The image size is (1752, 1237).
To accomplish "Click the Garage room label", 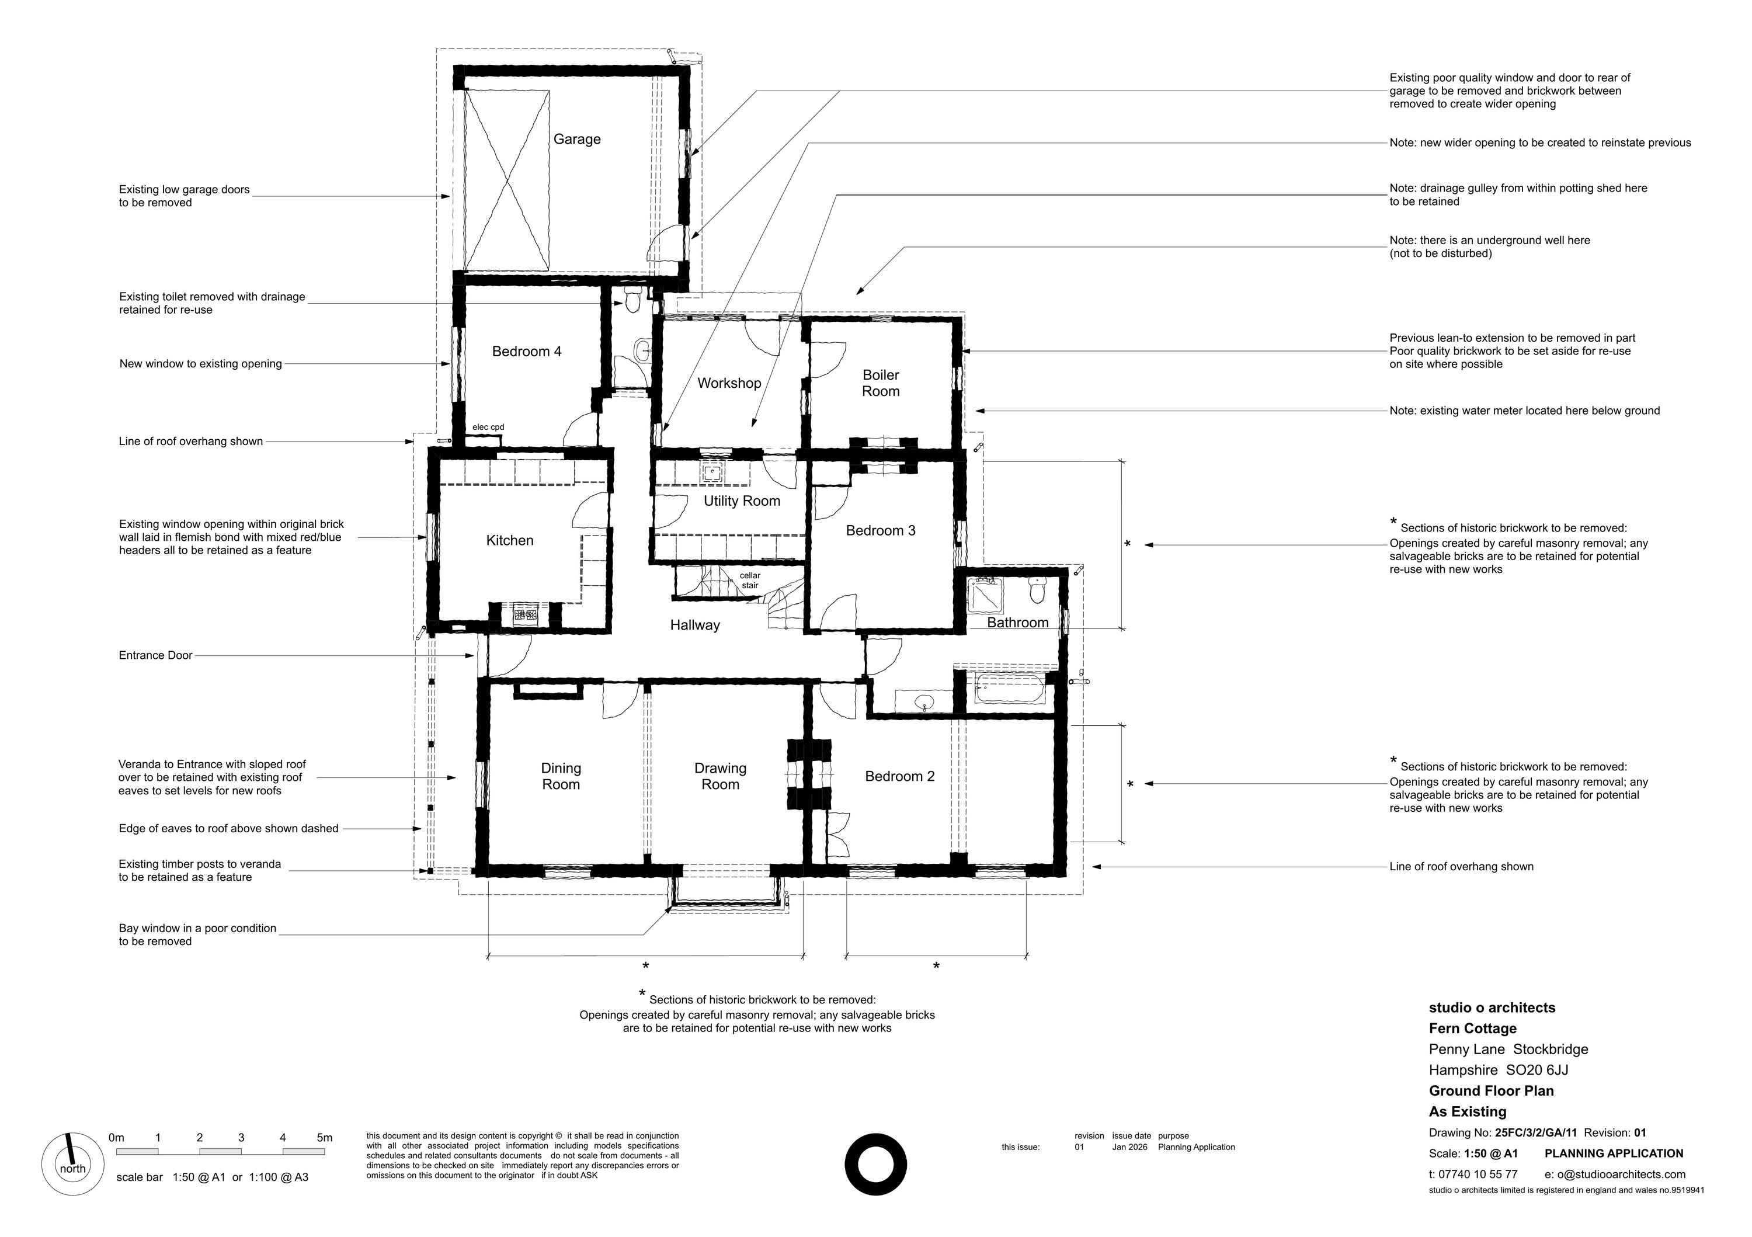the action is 577,140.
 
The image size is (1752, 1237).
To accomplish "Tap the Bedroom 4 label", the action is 527,352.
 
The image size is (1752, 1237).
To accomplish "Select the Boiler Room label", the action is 881,383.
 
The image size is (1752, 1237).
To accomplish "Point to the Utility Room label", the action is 742,501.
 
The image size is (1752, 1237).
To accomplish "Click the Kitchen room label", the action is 510,540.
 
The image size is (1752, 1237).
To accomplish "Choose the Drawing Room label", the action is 720,776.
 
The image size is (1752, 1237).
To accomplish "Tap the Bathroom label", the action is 1018,623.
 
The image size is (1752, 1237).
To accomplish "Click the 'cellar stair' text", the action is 750,581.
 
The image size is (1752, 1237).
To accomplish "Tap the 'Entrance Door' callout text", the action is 156,655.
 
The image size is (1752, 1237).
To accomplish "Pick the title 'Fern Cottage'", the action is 1473,1028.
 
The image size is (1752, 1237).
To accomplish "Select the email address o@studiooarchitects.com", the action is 1615,1175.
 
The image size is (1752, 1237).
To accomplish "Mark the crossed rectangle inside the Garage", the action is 507,181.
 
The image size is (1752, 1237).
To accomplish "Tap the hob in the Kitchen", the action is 525,614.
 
